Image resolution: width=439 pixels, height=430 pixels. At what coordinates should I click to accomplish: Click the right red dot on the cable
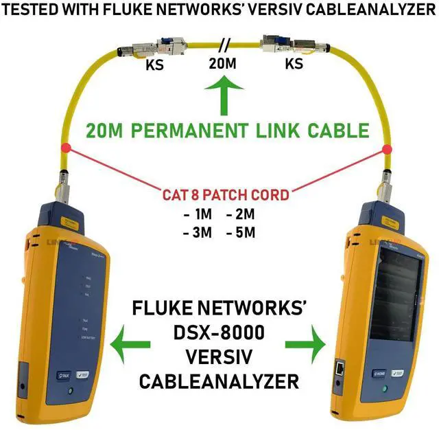pyautogui.click(x=387, y=148)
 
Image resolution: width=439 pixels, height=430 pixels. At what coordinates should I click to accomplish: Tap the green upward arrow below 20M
pyautogui.click(x=221, y=95)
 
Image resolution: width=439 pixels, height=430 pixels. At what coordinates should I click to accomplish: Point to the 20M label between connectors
pyautogui.click(x=223, y=65)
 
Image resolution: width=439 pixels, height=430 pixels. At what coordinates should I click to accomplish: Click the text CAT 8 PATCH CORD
pyautogui.click(x=226, y=194)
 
